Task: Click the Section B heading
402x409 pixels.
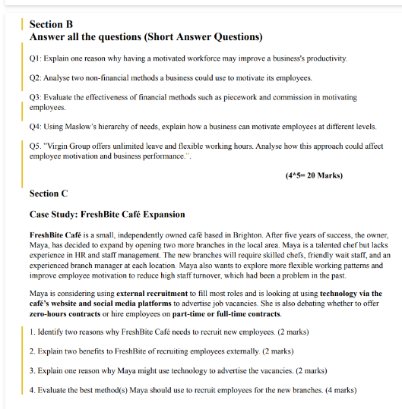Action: [51, 24]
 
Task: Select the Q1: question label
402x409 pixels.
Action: [36, 58]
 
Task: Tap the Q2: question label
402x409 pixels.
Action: [36, 78]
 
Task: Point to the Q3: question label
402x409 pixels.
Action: [36, 98]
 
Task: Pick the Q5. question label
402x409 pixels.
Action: [36, 146]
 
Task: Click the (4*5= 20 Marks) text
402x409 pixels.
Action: [314, 176]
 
